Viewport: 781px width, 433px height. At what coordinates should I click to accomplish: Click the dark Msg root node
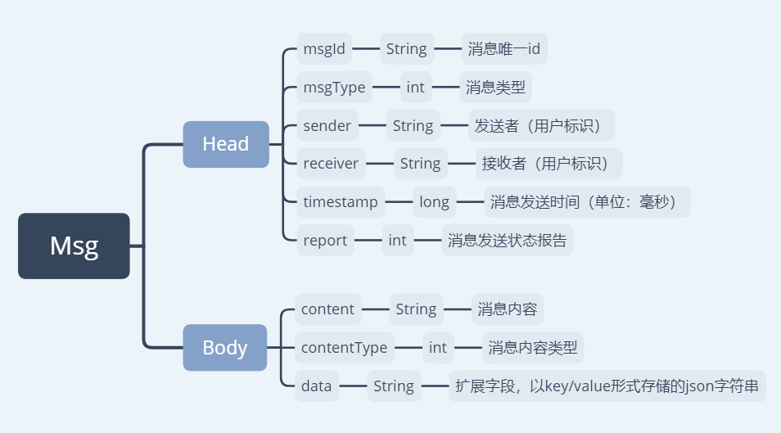click(74, 246)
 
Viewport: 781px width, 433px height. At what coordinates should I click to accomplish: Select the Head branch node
click(225, 144)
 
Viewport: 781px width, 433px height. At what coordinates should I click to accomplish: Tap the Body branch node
click(224, 347)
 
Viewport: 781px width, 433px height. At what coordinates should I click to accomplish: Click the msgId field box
click(324, 49)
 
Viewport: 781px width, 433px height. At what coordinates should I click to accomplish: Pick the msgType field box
click(334, 87)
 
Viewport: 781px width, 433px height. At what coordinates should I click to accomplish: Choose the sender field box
click(327, 125)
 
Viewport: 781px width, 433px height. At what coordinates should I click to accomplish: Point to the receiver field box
click(331, 164)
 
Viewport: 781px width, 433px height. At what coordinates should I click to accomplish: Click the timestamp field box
click(341, 202)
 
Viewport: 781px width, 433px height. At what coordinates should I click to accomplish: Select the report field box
click(325, 241)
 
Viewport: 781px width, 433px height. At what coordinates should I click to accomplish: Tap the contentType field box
click(344, 348)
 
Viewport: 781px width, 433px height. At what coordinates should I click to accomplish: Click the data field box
click(316, 386)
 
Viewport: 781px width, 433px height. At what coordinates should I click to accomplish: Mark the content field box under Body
click(327, 309)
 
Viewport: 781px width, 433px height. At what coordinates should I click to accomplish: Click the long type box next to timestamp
click(434, 202)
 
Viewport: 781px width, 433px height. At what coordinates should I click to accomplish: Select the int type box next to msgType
click(415, 87)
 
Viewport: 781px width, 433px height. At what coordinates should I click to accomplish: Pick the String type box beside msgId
click(406, 49)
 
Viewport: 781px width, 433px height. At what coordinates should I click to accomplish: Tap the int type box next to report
click(397, 241)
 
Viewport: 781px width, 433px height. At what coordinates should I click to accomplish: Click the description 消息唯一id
click(504, 49)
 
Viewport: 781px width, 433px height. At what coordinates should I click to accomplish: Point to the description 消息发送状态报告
click(507, 241)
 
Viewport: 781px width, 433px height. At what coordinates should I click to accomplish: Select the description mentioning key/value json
click(607, 386)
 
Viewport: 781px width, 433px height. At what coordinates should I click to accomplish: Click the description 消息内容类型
click(532, 348)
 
